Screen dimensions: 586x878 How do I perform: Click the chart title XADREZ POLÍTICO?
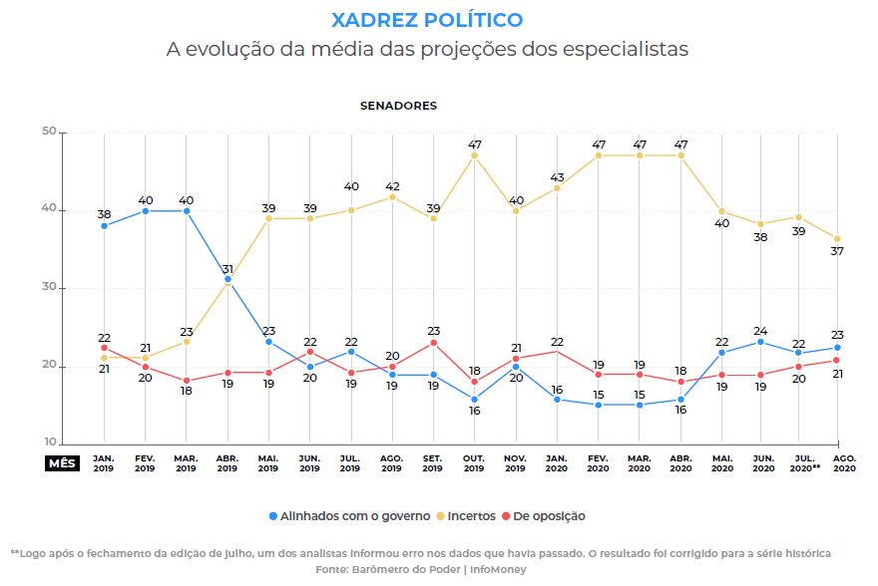(x=426, y=20)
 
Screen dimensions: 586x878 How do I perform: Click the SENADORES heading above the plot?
(x=398, y=106)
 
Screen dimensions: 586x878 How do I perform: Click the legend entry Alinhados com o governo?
(x=349, y=516)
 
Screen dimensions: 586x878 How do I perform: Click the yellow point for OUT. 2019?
(x=475, y=155)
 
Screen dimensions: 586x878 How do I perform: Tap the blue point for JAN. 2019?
(x=104, y=225)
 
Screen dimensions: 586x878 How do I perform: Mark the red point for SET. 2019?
(x=433, y=343)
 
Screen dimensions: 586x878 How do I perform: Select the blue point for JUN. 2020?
(x=762, y=342)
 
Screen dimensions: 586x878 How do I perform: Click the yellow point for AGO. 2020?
(x=837, y=238)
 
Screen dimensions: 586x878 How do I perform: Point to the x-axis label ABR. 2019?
(x=227, y=463)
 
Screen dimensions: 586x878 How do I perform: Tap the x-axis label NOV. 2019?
(x=516, y=463)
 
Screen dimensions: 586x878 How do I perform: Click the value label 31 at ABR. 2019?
(x=227, y=269)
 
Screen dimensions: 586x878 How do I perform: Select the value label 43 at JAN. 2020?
(x=557, y=177)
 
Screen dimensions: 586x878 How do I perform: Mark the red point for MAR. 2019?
(x=187, y=381)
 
